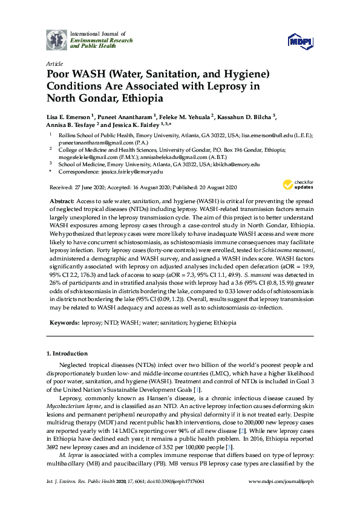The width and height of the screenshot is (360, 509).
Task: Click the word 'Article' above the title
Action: click(54, 63)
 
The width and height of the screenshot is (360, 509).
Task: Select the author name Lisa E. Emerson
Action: click(68, 116)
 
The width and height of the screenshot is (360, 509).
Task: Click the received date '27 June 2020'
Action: click(87, 187)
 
